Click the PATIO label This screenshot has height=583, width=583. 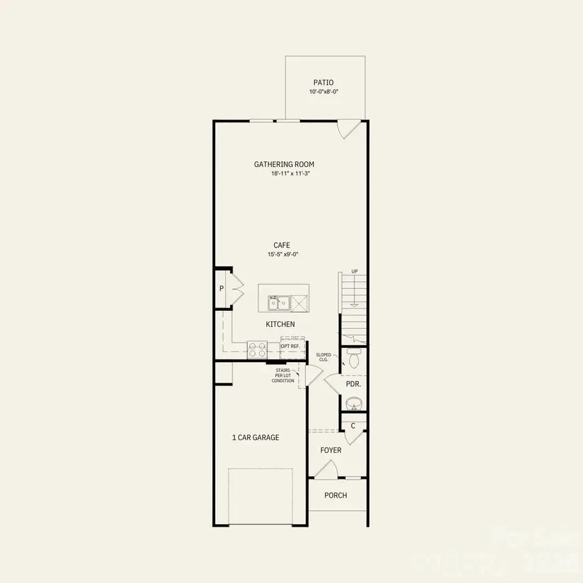(x=324, y=82)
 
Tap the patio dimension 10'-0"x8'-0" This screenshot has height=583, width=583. (x=324, y=92)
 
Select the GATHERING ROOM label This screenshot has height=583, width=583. (x=284, y=165)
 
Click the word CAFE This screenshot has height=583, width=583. (x=281, y=245)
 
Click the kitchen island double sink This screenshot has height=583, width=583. (x=279, y=302)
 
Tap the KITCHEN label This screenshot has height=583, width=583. (x=280, y=324)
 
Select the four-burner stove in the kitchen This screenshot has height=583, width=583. (x=257, y=350)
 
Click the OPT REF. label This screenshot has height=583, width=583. (x=290, y=347)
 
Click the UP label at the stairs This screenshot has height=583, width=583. (x=354, y=271)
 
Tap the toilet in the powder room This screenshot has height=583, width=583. (x=354, y=358)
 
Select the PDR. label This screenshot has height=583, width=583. (x=353, y=383)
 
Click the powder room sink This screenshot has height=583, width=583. (x=354, y=404)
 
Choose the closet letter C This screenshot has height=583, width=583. (x=353, y=426)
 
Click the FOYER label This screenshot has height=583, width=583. (x=331, y=450)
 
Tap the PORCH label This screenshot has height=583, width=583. (x=336, y=496)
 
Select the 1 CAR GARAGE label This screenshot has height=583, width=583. (x=256, y=437)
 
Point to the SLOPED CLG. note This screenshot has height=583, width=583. (x=323, y=357)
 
